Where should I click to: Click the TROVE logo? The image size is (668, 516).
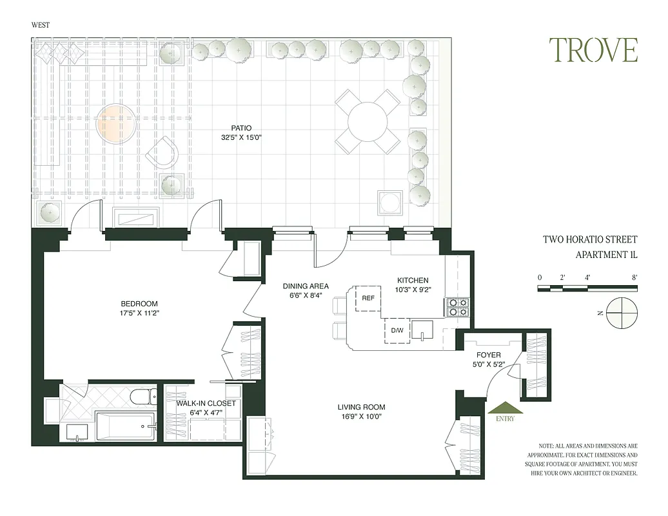[x=593, y=50]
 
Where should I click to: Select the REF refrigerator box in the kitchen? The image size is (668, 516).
[x=368, y=298]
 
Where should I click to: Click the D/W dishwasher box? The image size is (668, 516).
[x=397, y=331]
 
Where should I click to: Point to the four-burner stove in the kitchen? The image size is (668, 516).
[x=457, y=307]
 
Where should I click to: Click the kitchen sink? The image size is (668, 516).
[x=424, y=330]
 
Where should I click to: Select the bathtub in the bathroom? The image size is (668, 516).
[x=126, y=426]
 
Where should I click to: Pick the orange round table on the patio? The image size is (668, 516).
[x=116, y=123]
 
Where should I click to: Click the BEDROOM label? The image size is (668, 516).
[x=139, y=304]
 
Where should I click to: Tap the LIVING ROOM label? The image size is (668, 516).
[x=361, y=407]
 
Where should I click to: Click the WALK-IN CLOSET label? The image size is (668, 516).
[x=206, y=403]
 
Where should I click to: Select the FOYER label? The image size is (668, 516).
[x=488, y=355]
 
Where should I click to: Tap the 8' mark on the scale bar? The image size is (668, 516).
[x=634, y=277]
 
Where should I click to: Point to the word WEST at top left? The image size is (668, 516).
[x=41, y=25]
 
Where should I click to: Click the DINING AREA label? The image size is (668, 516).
[x=306, y=286]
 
